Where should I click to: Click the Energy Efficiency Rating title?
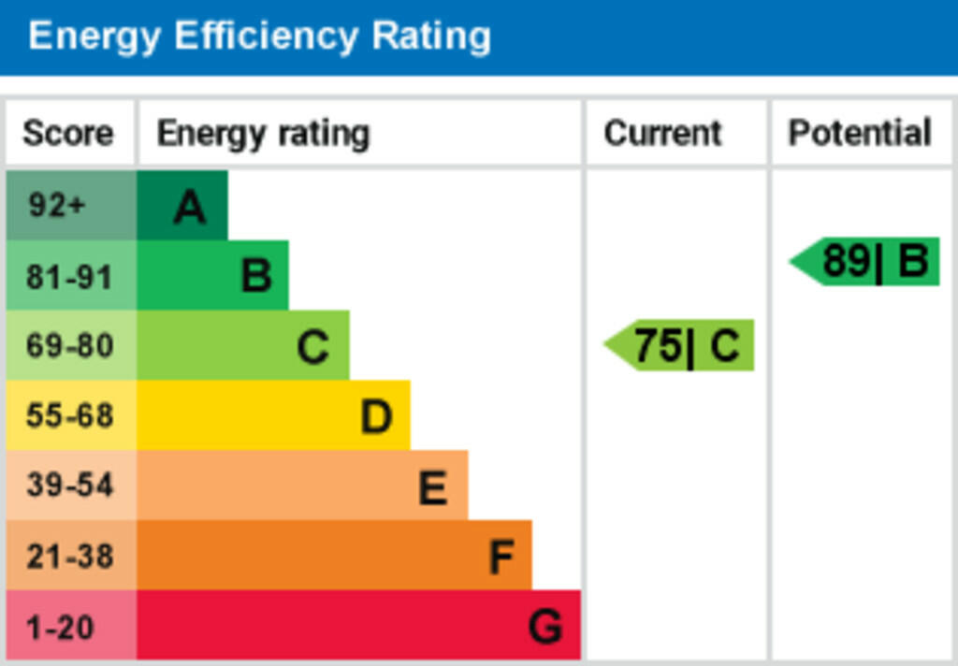259,37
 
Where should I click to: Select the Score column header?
67,134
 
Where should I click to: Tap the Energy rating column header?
263,134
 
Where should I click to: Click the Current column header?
662,134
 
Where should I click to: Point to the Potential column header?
860,134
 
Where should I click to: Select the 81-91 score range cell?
70,277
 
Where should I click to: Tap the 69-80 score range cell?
70,346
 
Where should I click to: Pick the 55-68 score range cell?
70,415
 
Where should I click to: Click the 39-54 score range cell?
70,485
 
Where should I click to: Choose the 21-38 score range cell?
70,556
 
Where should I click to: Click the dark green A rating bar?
182,206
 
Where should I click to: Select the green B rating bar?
212,276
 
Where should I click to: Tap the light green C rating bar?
243,346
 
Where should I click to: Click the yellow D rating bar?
273,415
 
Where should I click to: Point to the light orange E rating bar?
302,485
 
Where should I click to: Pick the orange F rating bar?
334,556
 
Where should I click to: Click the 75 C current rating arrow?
682,346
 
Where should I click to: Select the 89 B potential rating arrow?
867,262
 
